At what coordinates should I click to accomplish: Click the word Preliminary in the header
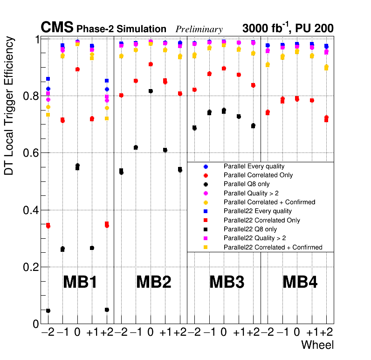point(199,29)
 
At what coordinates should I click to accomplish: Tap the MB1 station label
point(80,282)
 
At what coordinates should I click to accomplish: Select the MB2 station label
point(153,282)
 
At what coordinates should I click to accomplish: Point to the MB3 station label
point(227,282)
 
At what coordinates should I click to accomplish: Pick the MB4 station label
point(300,282)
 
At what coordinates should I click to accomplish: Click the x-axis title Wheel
point(317,345)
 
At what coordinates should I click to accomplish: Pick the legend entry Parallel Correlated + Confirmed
point(269,202)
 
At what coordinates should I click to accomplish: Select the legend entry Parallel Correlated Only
point(257,175)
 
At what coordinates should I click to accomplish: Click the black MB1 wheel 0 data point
point(77,166)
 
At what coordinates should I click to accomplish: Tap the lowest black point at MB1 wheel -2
point(48,311)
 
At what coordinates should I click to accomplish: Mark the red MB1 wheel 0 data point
point(77,69)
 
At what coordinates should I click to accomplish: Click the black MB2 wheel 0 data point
point(151,91)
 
